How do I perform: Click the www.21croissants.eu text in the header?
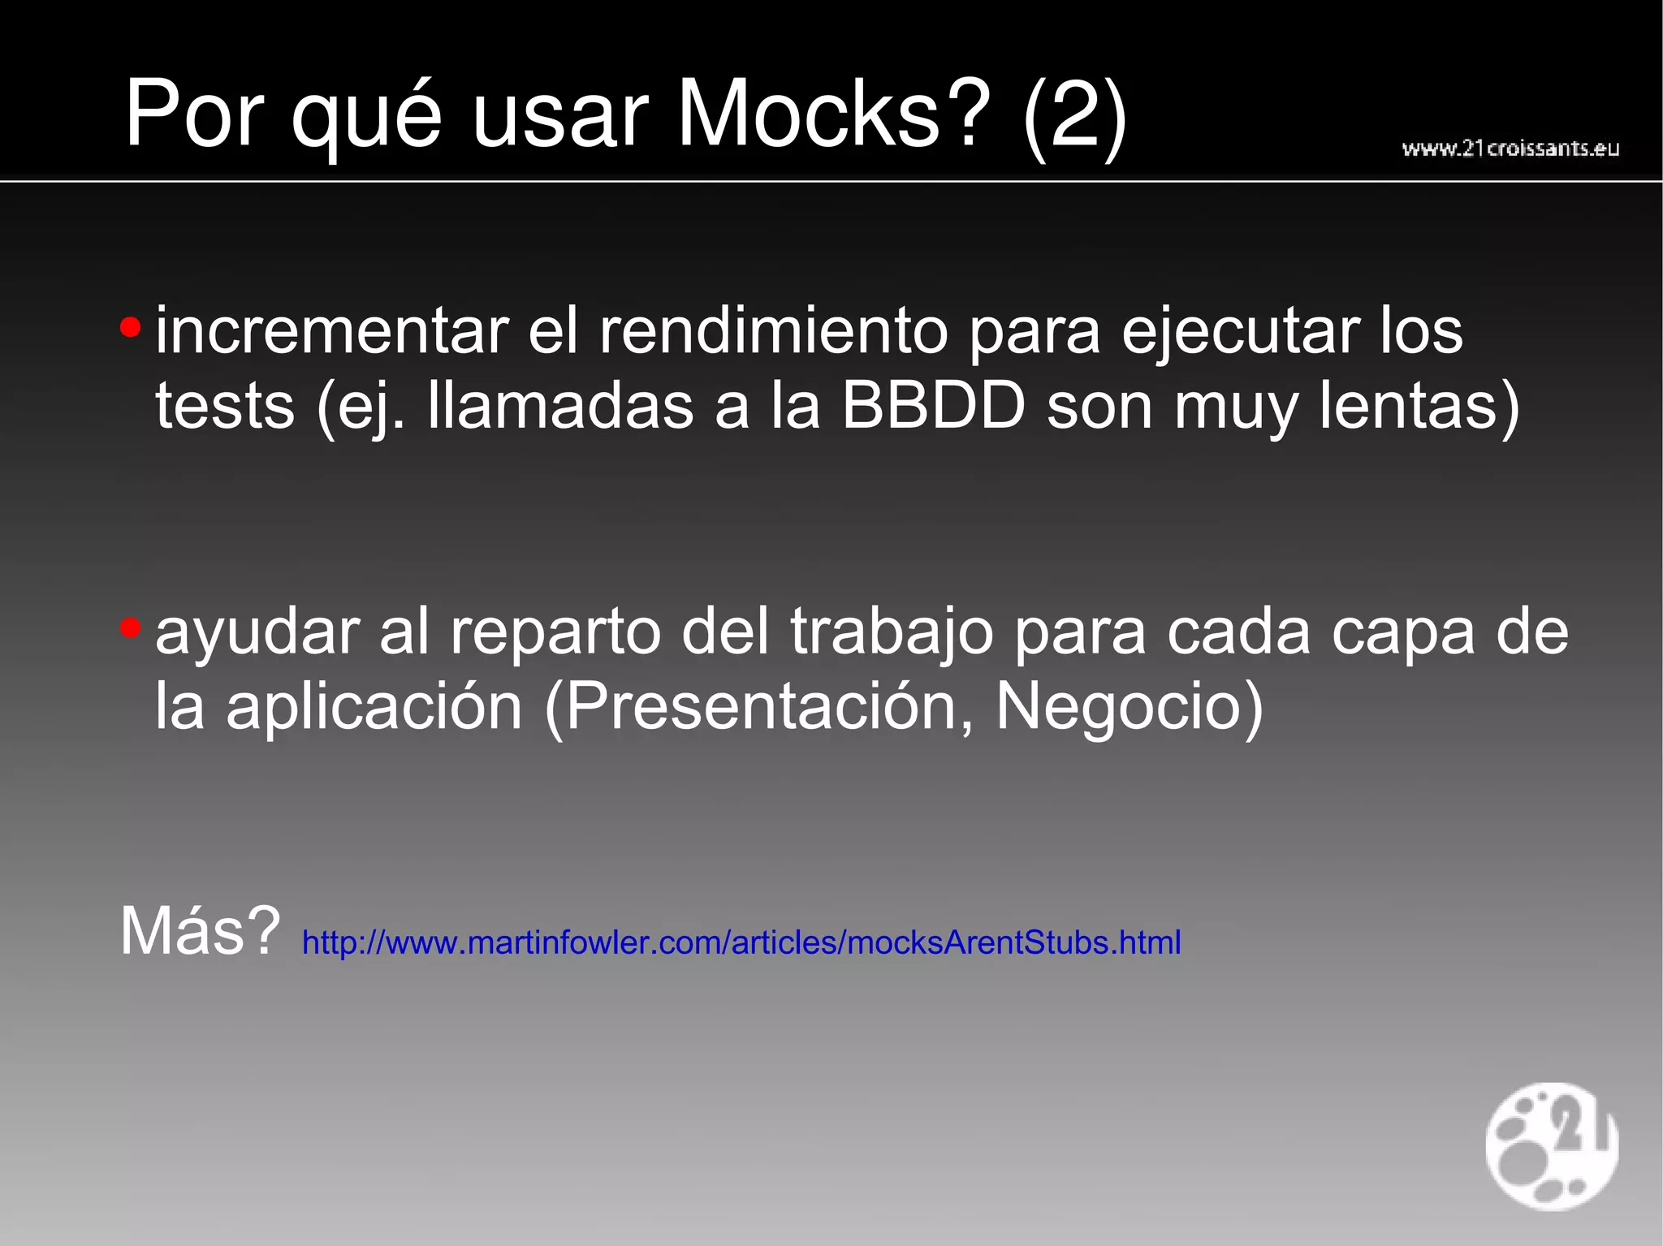(1510, 149)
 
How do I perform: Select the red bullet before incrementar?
(130, 329)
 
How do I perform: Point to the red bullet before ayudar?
(130, 628)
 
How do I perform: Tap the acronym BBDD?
(933, 405)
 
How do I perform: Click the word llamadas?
(560, 405)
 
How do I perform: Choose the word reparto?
(555, 633)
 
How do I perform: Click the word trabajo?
(892, 633)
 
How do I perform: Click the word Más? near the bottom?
(200, 931)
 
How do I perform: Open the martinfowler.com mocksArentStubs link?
(741, 942)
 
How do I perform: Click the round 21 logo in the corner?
(1551, 1145)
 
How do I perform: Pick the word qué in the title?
(366, 115)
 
